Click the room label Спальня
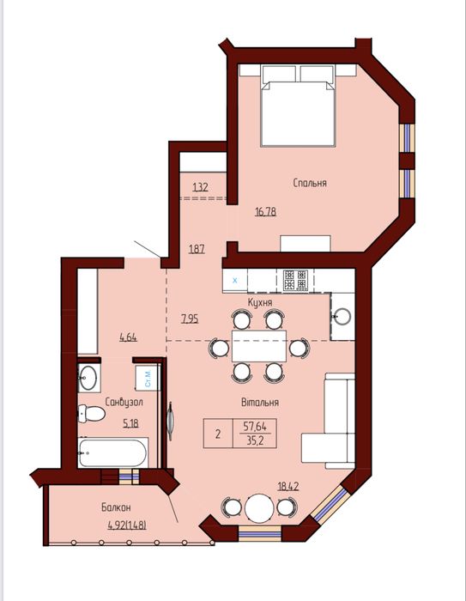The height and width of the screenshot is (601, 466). coord(309,183)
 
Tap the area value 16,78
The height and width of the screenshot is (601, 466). coord(266,211)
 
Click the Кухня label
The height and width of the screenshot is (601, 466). coord(260,303)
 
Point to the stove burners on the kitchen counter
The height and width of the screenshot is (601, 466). coord(296,278)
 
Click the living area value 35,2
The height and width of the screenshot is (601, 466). coord(255,440)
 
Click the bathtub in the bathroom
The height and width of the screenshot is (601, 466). coord(112,452)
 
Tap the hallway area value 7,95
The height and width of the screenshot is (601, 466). coord(191,319)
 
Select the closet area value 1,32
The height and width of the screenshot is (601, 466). coord(200,186)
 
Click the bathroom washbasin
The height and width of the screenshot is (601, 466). coord(88,376)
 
